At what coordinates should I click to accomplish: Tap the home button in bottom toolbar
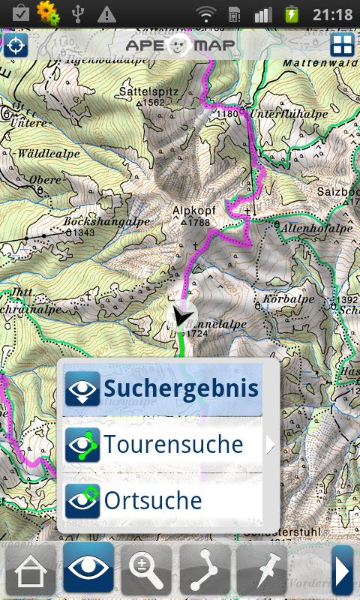(30, 571)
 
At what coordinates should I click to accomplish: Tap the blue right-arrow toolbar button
(343, 571)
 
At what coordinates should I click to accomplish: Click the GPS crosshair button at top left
(15, 45)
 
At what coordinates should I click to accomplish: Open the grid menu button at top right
(342, 44)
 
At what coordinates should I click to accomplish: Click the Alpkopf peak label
(193, 211)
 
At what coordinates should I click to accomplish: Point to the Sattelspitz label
(147, 91)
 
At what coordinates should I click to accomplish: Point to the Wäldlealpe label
(49, 153)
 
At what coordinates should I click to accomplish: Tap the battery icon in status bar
(290, 13)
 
